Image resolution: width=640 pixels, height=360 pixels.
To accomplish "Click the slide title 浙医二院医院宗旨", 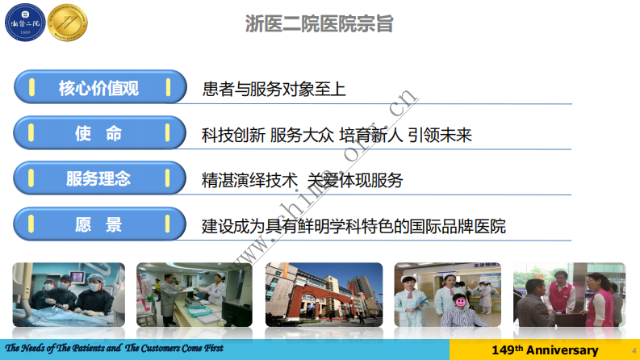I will tap(320, 23).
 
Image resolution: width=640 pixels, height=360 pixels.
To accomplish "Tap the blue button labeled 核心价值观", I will tap(98, 88).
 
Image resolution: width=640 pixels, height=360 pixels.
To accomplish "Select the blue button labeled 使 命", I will tap(98, 133).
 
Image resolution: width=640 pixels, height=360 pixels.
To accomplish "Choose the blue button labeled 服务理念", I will tap(98, 179).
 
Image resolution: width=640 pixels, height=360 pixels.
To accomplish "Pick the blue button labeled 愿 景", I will tap(98, 225).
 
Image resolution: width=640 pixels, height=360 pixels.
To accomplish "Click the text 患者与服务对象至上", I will tap(274, 89).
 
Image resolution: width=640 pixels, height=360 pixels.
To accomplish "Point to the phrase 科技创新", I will tap(233, 135).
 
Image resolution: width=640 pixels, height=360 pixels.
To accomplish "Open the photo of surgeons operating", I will tap(69, 295).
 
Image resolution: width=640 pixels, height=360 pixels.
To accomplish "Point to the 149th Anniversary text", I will tap(545, 350).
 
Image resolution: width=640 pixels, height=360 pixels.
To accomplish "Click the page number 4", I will tap(633, 350).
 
